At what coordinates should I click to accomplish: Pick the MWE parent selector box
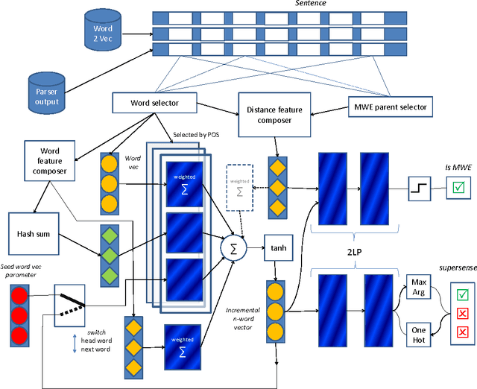coord(391,107)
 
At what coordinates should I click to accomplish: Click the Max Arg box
coord(420,287)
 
